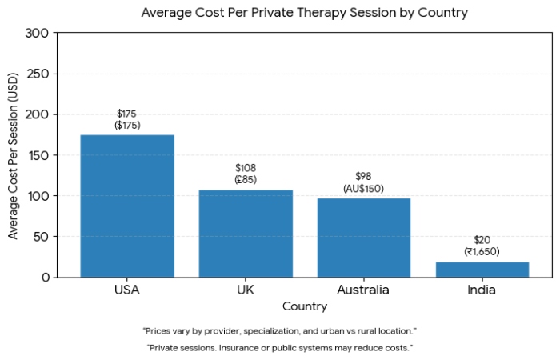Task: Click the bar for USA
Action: click(x=127, y=206)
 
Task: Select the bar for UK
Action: click(x=246, y=234)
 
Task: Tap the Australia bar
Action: click(x=364, y=238)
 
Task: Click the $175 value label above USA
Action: click(x=126, y=114)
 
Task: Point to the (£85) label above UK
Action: click(x=246, y=180)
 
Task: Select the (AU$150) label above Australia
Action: click(x=364, y=189)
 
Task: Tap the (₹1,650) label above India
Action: click(x=482, y=251)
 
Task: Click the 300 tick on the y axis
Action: click(x=37, y=33)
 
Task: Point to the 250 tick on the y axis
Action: click(x=37, y=74)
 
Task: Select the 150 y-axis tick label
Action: click(x=37, y=155)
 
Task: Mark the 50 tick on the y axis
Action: click(x=41, y=237)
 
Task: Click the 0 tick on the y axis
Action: click(x=44, y=278)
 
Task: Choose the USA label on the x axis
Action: click(x=127, y=290)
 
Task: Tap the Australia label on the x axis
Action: click(x=364, y=290)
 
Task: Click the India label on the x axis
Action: click(x=482, y=290)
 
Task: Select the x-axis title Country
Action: click(x=304, y=306)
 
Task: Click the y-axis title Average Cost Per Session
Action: click(x=13, y=155)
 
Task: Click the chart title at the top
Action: click(x=304, y=13)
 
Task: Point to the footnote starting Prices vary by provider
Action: click(x=279, y=330)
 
